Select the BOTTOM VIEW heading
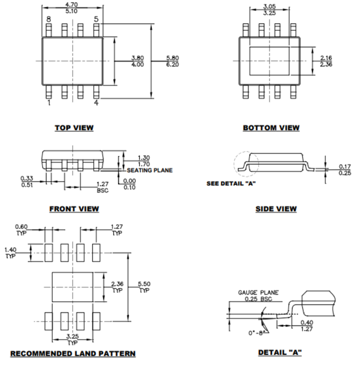271,128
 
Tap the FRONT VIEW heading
74,209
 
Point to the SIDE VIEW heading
276,209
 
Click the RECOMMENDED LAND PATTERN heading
73,353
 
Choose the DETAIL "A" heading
279,352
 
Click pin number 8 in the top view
48,19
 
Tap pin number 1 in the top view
48,103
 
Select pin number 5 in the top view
96,19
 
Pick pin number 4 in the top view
96,103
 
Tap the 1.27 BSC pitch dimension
102,187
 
